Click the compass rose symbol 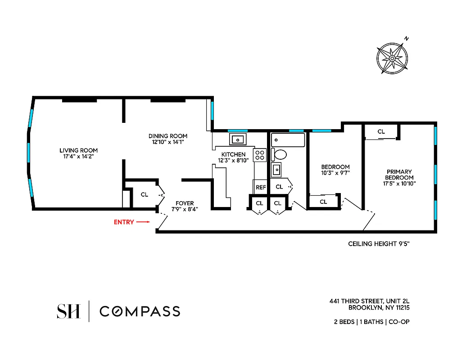click(x=392, y=58)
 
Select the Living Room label click(x=79, y=150)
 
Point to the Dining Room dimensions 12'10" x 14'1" click(x=168, y=142)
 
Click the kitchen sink click(x=237, y=139)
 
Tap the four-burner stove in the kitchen click(x=260, y=155)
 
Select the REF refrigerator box click(x=261, y=187)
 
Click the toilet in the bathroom click(x=280, y=155)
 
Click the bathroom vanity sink click(x=276, y=170)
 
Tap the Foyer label click(x=185, y=203)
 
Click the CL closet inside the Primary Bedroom click(x=381, y=132)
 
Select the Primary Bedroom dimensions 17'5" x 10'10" click(x=399, y=184)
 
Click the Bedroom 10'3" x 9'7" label click(x=335, y=170)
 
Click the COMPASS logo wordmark click(x=140, y=311)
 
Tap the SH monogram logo click(x=68, y=311)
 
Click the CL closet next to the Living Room click(x=144, y=195)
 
